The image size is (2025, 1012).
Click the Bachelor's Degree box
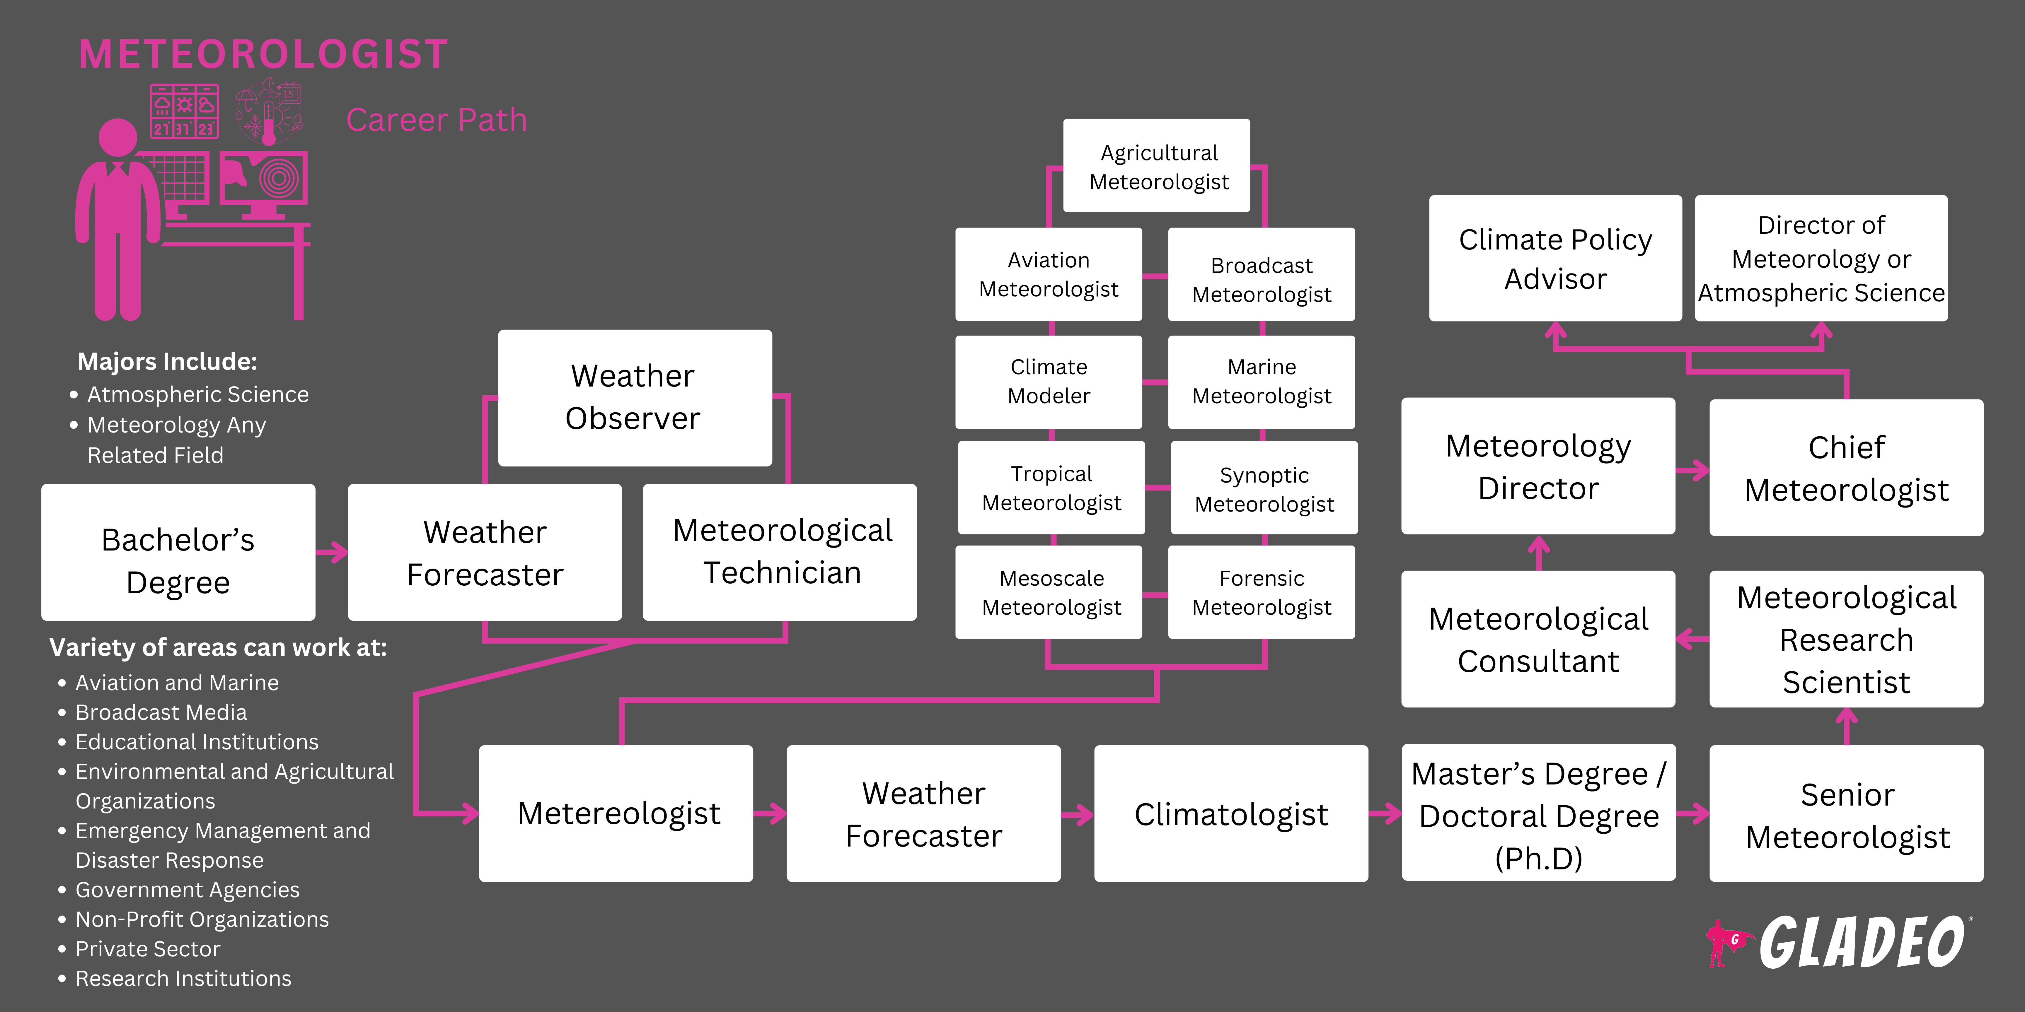(178, 552)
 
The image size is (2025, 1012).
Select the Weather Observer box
(634, 398)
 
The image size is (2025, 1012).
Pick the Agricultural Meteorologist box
(1156, 166)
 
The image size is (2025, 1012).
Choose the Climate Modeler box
(1049, 382)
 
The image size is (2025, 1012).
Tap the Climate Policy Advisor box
(1555, 259)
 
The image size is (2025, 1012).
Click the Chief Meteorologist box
(1846, 468)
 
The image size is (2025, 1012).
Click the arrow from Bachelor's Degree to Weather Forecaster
(332, 552)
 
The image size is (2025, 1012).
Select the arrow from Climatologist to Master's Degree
(1385, 814)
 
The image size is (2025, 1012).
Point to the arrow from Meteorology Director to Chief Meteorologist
(1692, 471)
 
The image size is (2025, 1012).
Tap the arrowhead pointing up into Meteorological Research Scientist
(1846, 717)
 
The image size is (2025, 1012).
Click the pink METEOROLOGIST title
(263, 55)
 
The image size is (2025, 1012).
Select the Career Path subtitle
(436, 120)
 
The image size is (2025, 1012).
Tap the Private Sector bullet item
(148, 949)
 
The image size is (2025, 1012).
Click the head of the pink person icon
(118, 138)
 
